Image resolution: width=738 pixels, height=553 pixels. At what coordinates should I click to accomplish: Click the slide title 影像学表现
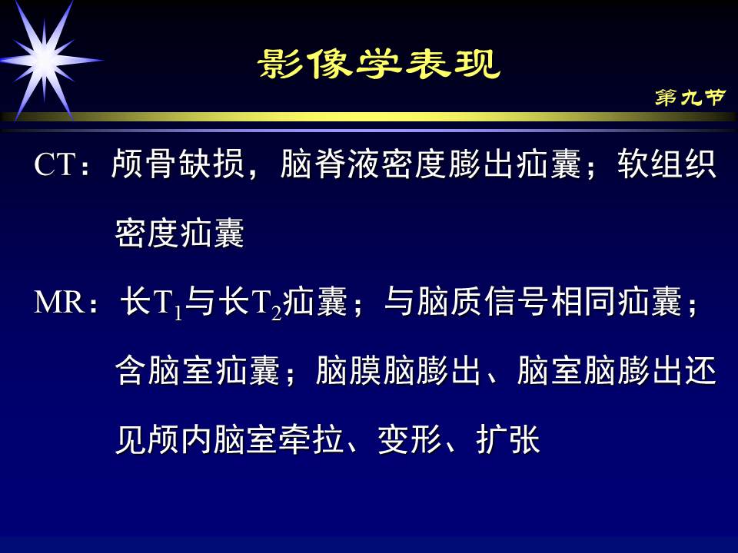click(x=379, y=65)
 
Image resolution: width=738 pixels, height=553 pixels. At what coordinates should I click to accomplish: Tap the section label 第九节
click(x=690, y=98)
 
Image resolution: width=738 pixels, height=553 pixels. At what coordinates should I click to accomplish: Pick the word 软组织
click(x=667, y=165)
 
